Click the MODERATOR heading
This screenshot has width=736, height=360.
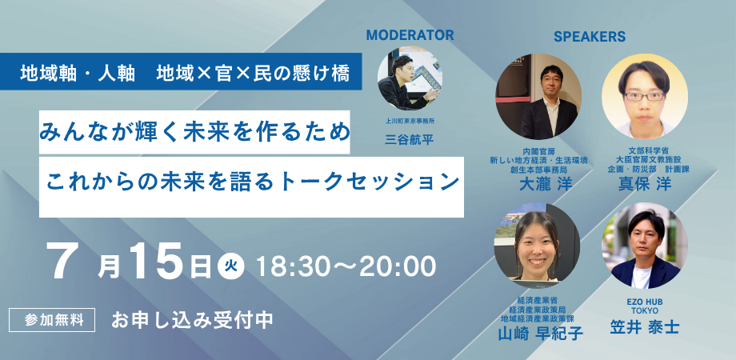coord(410,35)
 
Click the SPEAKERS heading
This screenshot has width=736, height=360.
coord(589,37)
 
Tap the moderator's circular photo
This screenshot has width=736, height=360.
coord(410,82)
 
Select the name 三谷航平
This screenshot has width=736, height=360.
coord(409,138)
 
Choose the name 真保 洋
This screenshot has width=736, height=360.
coord(645,182)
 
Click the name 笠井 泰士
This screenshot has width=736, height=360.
coord(645,326)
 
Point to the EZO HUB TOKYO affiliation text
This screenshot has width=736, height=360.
coord(644,304)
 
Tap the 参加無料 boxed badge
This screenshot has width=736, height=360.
coord(53,318)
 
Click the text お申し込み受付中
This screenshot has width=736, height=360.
coord(193,318)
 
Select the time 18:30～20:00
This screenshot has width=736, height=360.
coord(345,264)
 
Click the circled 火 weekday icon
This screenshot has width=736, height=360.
coord(230,266)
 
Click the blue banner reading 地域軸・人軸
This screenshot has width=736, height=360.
coord(185,74)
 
